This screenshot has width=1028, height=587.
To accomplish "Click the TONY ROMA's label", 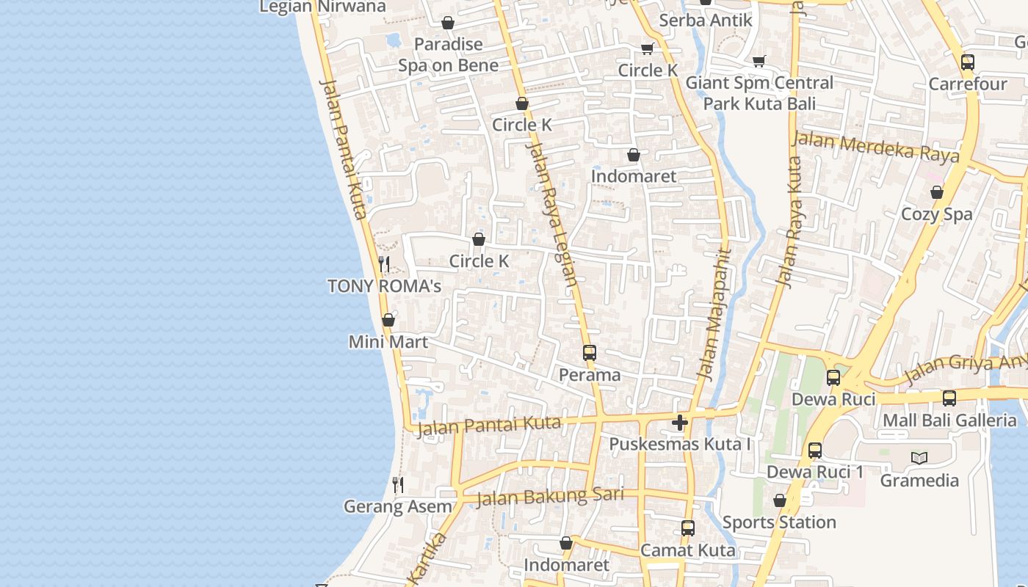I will pyautogui.click(x=384, y=286).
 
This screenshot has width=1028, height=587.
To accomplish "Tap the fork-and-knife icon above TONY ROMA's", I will pyautogui.click(x=383, y=264).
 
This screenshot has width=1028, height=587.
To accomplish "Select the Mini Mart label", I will pyautogui.click(x=388, y=342).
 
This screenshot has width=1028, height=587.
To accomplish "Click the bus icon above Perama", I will pyautogui.click(x=589, y=353).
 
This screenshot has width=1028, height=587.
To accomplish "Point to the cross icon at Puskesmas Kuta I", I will pyautogui.click(x=680, y=423).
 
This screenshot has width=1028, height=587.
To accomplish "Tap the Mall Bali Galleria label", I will pyautogui.click(x=949, y=420).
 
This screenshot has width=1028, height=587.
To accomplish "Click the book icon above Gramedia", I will pyautogui.click(x=919, y=459).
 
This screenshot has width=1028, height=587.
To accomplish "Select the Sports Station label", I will pyautogui.click(x=779, y=522).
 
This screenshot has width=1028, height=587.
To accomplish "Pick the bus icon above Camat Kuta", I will pyautogui.click(x=687, y=528).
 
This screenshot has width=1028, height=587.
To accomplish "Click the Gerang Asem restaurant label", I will pyautogui.click(x=398, y=507).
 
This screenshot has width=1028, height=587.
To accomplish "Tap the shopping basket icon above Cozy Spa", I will pyautogui.click(x=937, y=193).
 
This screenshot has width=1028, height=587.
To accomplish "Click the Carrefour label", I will pyautogui.click(x=967, y=84).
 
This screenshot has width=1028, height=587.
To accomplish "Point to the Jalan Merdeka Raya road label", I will pyautogui.click(x=876, y=147).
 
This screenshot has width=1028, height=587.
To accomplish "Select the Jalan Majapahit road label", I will pyautogui.click(x=714, y=316).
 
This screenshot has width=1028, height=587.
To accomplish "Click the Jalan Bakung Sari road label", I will pyautogui.click(x=550, y=497).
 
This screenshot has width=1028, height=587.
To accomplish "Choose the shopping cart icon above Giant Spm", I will pyautogui.click(x=759, y=62).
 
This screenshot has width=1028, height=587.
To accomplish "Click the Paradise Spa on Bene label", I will pyautogui.click(x=448, y=55).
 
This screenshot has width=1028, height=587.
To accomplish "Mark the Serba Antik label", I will pyautogui.click(x=706, y=21).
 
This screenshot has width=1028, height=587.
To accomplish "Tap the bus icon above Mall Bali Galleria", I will pyautogui.click(x=949, y=398).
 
